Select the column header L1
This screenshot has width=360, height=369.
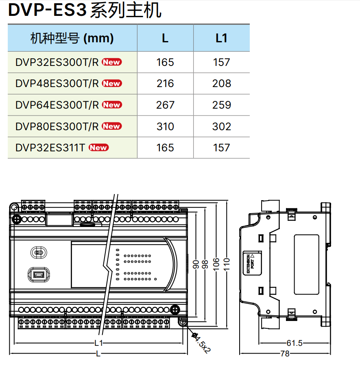221,38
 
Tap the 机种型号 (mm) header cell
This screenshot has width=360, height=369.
72,38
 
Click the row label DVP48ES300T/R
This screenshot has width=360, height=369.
57,83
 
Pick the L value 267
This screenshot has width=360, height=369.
165,105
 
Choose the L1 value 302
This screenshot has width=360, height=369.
221,127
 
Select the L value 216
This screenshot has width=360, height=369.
165,83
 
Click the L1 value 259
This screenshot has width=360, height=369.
221,105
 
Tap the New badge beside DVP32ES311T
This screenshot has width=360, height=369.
98,148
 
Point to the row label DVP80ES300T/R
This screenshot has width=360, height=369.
57,127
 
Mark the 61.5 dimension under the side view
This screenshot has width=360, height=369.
294,343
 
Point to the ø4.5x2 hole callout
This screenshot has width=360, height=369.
201,343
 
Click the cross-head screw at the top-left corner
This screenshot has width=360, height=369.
17,219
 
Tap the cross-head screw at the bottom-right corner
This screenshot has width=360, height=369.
175,310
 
